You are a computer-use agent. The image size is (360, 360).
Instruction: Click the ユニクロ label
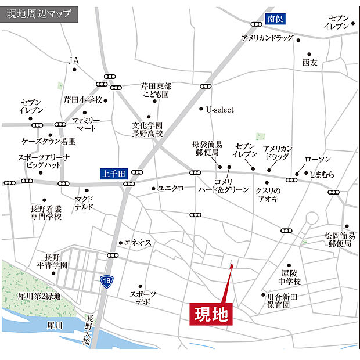pyautogui.click(x=171, y=189)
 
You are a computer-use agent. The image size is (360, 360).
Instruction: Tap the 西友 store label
pyautogui.click(x=310, y=62)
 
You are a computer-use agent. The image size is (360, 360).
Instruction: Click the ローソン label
pyautogui.click(x=318, y=160)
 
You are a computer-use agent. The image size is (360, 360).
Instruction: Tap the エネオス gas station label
pyautogui.click(x=138, y=243)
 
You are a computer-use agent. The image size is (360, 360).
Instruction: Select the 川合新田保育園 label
pyautogui.click(x=283, y=300)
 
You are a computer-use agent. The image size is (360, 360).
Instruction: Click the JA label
pyautogui.click(x=74, y=60)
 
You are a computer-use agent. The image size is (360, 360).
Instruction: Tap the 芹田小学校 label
pyautogui.click(x=83, y=99)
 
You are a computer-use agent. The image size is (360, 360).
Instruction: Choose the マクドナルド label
pyautogui.click(x=84, y=203)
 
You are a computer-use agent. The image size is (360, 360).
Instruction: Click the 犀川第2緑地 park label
pyautogui.click(x=39, y=296)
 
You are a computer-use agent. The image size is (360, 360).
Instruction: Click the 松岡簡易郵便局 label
pyautogui.click(x=340, y=240)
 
